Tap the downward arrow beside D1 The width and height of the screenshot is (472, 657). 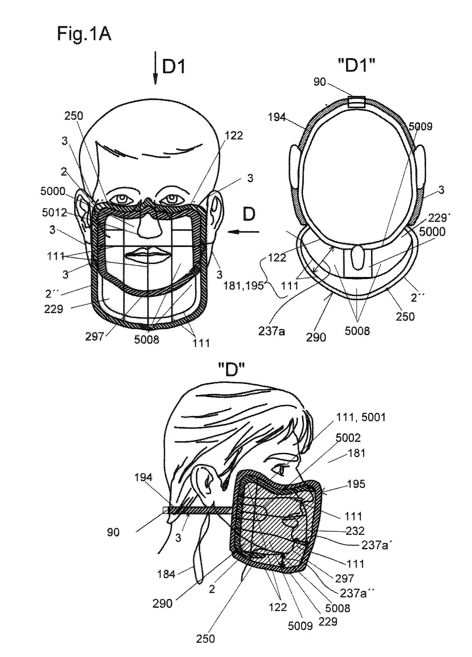tap(156, 68)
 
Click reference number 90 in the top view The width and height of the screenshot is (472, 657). tap(320, 82)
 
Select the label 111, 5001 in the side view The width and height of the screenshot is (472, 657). tap(361, 417)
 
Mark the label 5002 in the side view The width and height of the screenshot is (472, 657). tap(348, 437)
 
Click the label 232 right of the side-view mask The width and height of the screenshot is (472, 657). tap(355, 531)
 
